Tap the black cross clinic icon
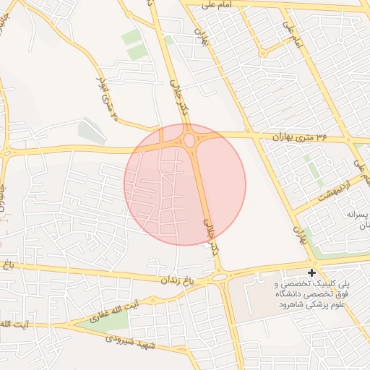(x=311, y=273)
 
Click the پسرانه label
(x=357, y=215)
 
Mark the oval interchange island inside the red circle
(x=190, y=139)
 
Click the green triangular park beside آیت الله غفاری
(x=101, y=321)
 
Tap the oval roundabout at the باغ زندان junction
(x=219, y=277)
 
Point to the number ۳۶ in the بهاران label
(x=321, y=135)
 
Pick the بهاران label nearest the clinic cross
(x=297, y=231)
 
